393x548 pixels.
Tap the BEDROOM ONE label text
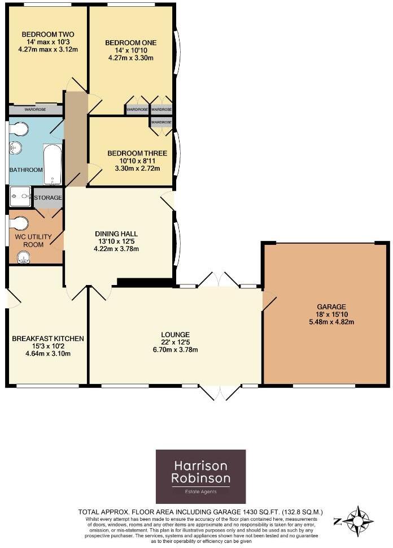[130, 42]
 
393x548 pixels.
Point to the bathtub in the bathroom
[52, 164]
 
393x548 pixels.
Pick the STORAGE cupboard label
[48, 198]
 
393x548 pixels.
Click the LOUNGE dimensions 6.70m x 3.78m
[174, 349]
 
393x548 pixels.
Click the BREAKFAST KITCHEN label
[47, 339]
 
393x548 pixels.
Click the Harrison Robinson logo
[200, 476]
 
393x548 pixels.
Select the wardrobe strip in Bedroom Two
[35, 109]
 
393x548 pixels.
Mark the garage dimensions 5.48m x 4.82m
[326, 322]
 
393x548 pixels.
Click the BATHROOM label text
[25, 170]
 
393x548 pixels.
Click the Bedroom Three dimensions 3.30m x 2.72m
[137, 168]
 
